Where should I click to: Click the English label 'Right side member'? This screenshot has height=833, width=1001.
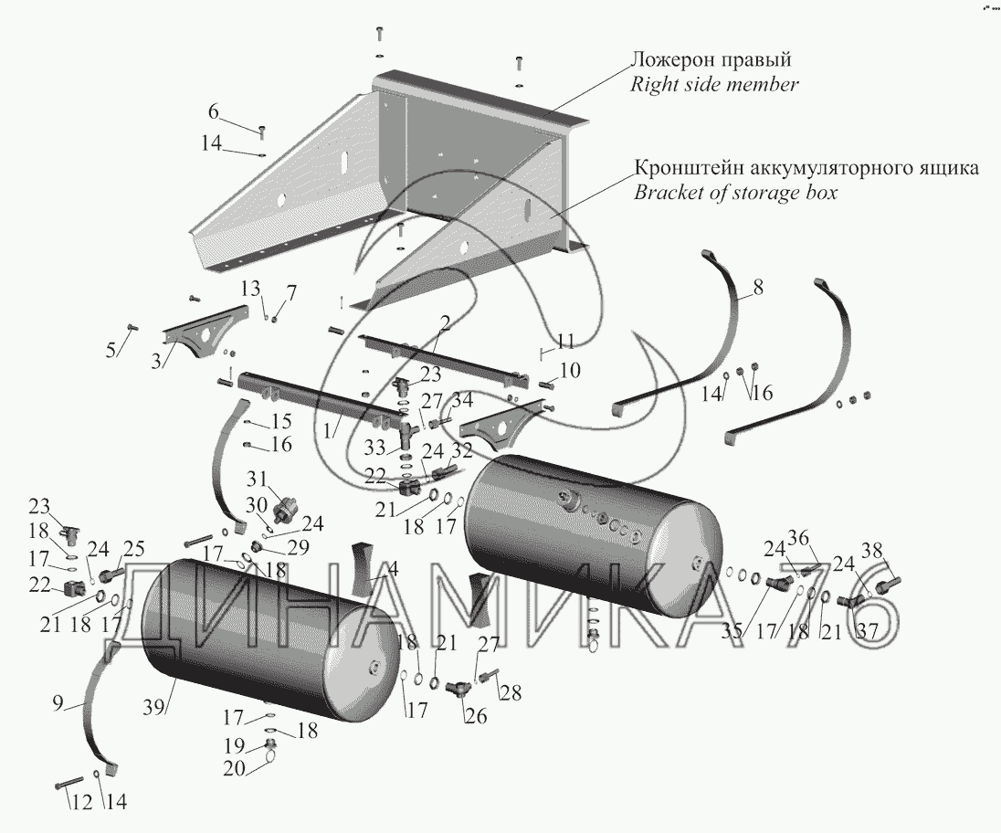coord(715,85)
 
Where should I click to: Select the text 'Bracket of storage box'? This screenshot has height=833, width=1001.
coord(735,193)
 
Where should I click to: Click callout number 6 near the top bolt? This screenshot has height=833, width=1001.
coord(213,112)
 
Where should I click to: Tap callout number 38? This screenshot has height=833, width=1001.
coord(873,550)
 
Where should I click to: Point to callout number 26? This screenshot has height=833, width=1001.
coord(475,716)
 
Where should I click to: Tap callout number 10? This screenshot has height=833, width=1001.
coord(569,370)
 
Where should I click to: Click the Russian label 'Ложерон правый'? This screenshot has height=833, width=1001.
coord(711,60)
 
